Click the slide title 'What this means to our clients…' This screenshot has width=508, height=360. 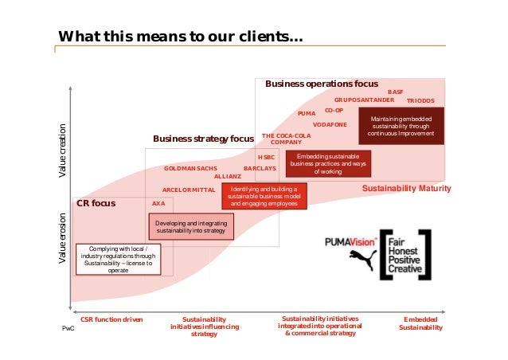(179, 37)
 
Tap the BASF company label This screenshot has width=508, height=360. (396, 92)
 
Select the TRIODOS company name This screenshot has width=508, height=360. (420, 102)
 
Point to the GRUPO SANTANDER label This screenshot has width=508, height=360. (364, 100)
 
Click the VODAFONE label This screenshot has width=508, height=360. (330, 125)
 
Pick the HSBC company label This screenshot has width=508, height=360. (266, 158)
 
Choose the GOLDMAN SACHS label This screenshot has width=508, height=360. (190, 169)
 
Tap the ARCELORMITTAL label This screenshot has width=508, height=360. (189, 190)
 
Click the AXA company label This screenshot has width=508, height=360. (158, 204)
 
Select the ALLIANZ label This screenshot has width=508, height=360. (228, 176)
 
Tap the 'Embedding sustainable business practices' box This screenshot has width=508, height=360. (328, 163)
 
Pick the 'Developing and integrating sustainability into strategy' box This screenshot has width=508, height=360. (191, 226)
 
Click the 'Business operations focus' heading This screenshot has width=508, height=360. (322, 84)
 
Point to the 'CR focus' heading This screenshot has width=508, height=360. (96, 204)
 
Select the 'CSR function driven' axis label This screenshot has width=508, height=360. (112, 319)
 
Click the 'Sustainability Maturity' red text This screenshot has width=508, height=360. (406, 189)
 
